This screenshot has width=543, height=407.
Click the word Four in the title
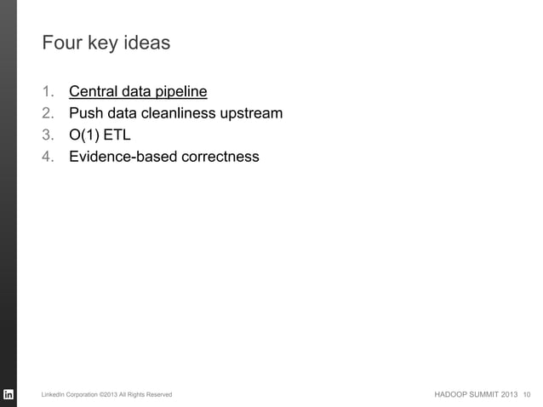[60, 42]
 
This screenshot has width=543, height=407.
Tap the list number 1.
[48, 91]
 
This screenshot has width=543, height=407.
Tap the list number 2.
[48, 113]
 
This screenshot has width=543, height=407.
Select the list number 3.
[48, 135]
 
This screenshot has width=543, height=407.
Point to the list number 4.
[48, 158]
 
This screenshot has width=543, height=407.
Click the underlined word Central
[94, 91]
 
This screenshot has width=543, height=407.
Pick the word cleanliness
[180, 113]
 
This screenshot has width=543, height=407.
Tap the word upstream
[252, 113]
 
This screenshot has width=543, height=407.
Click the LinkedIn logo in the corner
[9, 394]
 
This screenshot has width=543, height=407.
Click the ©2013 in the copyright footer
[111, 395]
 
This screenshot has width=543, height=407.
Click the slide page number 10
[529, 395]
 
